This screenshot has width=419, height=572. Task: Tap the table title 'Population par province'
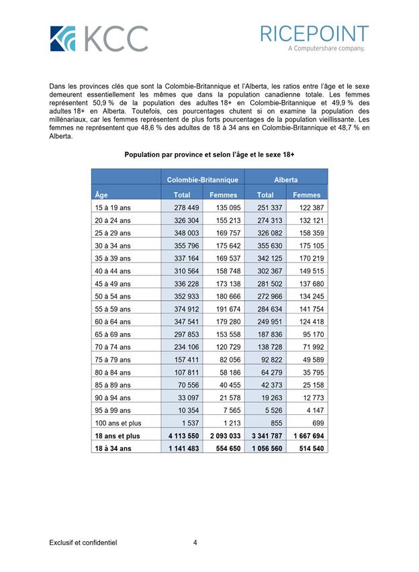tap(209, 154)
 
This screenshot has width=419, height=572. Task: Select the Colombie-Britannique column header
tap(203, 180)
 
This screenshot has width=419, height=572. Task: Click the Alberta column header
tap(286, 180)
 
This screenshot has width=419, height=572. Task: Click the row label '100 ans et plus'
tap(119, 423)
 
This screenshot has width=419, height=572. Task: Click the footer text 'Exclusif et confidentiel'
tap(83, 542)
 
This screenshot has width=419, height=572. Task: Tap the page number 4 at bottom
tap(195, 542)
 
